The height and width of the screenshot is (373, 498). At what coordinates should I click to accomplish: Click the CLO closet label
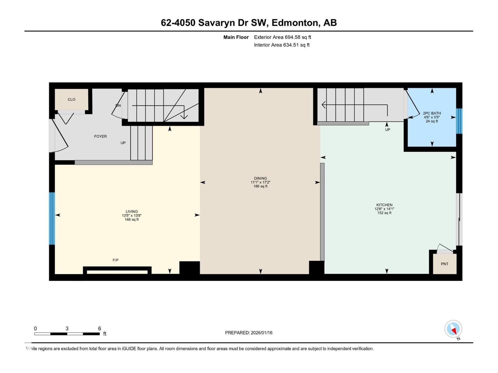pyautogui.click(x=71, y=99)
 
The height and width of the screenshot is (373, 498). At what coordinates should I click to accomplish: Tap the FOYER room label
pyautogui.click(x=100, y=136)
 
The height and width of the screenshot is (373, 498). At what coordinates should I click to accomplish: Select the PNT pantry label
pyautogui.click(x=444, y=264)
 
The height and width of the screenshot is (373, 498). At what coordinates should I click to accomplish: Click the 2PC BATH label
pyautogui.click(x=432, y=113)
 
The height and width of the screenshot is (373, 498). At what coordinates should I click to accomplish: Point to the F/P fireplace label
pyautogui.click(x=115, y=260)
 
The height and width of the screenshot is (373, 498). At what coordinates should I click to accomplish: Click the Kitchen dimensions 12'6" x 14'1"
pyautogui.click(x=384, y=209)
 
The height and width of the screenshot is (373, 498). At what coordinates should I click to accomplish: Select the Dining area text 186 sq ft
pyautogui.click(x=261, y=186)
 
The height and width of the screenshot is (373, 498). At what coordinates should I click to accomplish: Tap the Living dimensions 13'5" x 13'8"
pyautogui.click(x=132, y=216)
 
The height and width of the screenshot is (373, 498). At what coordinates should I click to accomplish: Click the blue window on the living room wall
pyautogui.click(x=52, y=219)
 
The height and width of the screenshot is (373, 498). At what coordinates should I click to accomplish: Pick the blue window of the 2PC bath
pyautogui.click(x=459, y=121)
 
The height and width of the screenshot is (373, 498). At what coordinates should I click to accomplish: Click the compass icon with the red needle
pyautogui.click(x=453, y=329)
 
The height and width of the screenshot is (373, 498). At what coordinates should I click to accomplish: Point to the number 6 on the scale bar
pyautogui.click(x=99, y=329)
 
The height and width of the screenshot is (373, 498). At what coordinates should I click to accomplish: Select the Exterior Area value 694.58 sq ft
pyautogui.click(x=298, y=37)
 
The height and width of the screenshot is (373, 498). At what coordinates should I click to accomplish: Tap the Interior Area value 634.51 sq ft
pyautogui.click(x=296, y=45)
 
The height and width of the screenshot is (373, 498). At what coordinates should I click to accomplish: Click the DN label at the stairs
pyautogui.click(x=118, y=106)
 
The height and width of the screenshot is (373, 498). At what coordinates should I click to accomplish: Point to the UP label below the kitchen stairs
pyautogui.click(x=388, y=130)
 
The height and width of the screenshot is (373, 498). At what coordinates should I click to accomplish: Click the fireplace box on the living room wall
pyautogui.click(x=117, y=271)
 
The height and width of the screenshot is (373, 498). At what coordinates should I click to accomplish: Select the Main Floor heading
pyautogui.click(x=236, y=37)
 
